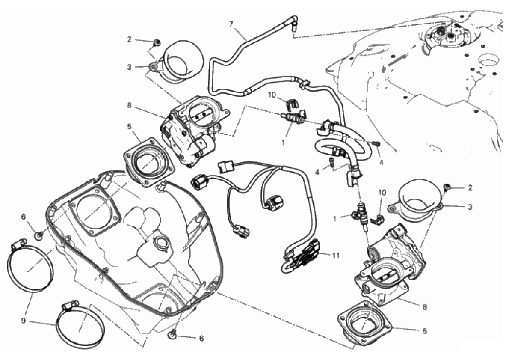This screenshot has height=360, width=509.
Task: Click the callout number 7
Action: (231, 24)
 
